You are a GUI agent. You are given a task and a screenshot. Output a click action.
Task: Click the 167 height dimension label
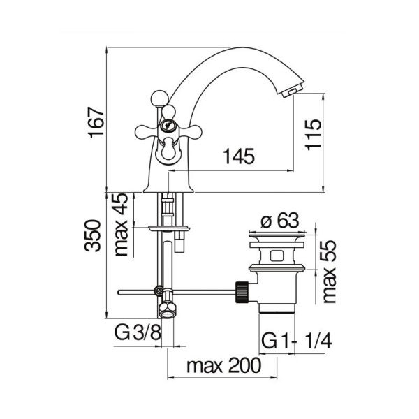96,123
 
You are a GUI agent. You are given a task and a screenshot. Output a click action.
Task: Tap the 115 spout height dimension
313,135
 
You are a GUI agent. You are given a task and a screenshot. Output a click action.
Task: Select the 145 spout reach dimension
239,156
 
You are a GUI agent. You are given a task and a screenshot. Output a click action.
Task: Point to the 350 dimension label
93,236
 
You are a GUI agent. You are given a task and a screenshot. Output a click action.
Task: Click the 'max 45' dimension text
122,224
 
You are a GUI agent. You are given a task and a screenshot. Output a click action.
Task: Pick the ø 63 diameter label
279,221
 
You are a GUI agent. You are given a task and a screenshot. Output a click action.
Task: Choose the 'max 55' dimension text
328,272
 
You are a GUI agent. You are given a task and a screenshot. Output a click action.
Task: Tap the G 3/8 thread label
138,332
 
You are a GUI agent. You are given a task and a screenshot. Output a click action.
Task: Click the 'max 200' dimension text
223,365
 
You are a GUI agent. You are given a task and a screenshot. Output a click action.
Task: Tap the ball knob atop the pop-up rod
159,98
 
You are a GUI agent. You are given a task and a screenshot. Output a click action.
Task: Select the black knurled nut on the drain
242,292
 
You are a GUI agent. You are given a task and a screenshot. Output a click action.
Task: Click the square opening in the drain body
276,256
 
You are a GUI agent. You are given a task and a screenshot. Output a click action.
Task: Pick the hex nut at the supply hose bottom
167,311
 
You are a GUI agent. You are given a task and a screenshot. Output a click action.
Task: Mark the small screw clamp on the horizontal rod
159,291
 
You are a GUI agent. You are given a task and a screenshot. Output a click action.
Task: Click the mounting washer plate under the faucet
169,228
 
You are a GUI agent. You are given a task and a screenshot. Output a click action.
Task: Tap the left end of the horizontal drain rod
118,292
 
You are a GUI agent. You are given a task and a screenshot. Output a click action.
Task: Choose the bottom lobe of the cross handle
169,148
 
